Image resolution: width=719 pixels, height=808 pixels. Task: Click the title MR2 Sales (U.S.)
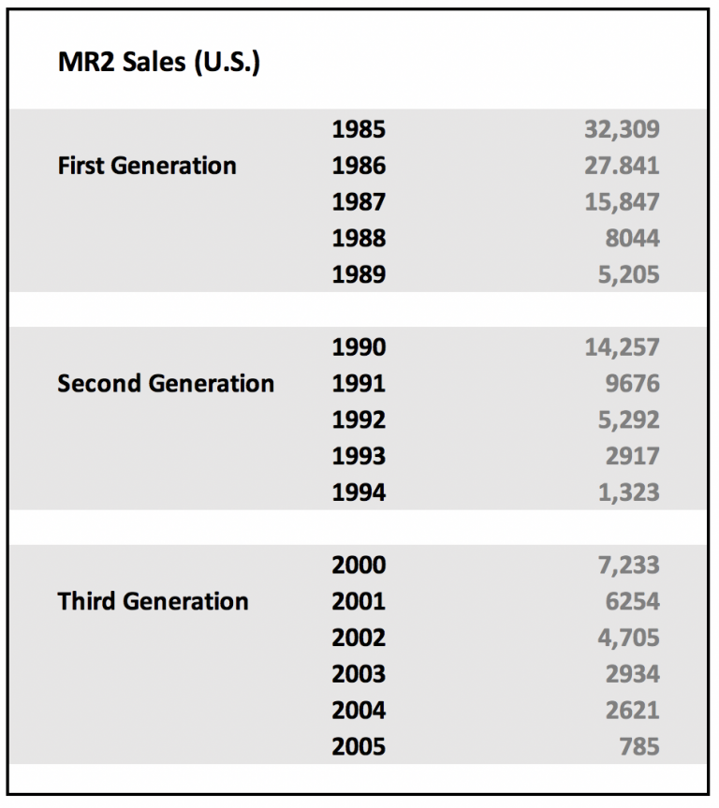[x=158, y=65]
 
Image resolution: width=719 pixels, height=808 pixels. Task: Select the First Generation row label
[x=147, y=166]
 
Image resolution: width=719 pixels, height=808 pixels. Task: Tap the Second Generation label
[x=166, y=383]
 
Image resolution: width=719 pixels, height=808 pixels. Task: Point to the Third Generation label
[x=153, y=601]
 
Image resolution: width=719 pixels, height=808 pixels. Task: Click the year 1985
[x=358, y=129]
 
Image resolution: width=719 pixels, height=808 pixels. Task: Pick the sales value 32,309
[x=622, y=129]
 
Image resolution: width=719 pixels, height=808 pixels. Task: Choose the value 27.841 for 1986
[x=622, y=166]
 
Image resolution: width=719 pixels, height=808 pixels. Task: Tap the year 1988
[x=358, y=239]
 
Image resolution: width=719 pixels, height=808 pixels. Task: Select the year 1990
[x=358, y=347]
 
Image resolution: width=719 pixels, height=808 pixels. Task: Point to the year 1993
[x=358, y=457]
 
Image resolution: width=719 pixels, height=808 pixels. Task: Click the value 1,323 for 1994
[x=628, y=492]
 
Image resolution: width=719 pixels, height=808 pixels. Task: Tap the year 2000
[x=358, y=566]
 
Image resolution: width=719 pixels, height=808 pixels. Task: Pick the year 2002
[x=358, y=638]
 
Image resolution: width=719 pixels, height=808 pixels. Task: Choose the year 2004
[x=358, y=711]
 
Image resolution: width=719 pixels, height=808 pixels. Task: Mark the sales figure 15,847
[x=622, y=202]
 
